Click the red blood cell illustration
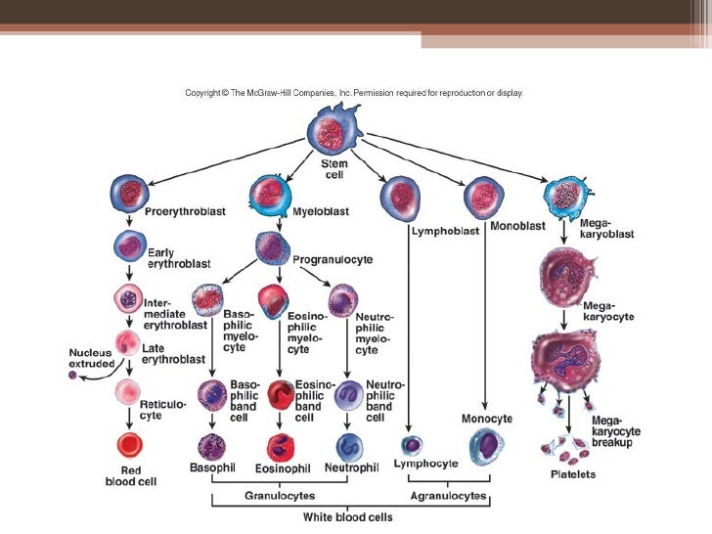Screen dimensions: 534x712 click(x=129, y=446)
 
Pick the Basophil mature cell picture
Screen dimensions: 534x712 click(x=210, y=446)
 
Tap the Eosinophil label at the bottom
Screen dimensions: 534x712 click(x=282, y=467)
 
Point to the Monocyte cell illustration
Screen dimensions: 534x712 click(x=487, y=445)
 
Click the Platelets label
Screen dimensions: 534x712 click(x=575, y=476)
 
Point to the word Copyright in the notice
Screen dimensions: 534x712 click(x=207, y=94)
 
